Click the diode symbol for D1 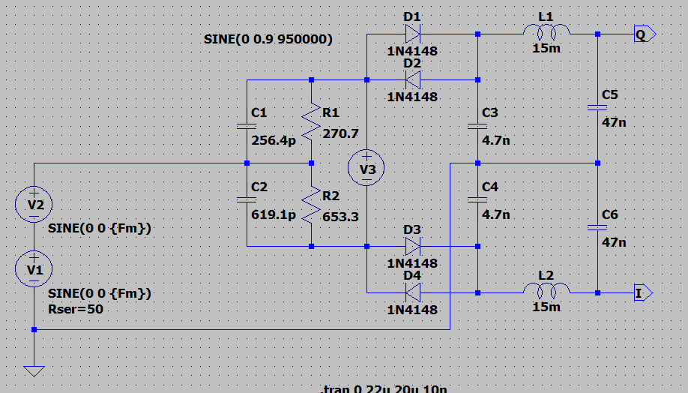click(412, 33)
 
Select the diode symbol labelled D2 click(412, 79)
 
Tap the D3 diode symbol click(412, 246)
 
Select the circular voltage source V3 click(367, 169)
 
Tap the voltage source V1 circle click(34, 269)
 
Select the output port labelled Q click(644, 34)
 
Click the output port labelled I click(643, 292)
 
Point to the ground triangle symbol click(34, 370)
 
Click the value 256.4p click(274, 139)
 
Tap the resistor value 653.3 click(340, 217)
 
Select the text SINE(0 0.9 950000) click(268, 38)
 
